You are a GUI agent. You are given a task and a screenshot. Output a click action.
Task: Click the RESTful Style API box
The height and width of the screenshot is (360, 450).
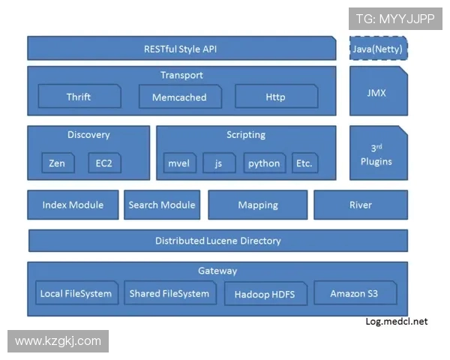181,49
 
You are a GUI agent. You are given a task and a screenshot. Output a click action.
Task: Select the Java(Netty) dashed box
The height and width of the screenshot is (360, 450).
379,49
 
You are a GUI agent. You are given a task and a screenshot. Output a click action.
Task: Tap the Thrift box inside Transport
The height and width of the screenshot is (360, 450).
79,97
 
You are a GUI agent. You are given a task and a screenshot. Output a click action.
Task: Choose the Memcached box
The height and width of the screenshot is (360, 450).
179,97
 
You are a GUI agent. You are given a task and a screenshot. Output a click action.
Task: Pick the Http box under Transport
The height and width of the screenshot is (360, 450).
275,97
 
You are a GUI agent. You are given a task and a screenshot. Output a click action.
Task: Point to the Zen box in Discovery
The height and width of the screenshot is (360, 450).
57,163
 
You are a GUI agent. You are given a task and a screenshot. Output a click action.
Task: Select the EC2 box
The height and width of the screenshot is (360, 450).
103,163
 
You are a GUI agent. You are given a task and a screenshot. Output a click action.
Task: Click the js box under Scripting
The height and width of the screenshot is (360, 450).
219,163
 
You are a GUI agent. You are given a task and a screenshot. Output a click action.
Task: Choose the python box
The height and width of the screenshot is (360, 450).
264,163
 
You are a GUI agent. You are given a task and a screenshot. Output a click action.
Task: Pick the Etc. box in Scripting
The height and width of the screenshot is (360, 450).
303,163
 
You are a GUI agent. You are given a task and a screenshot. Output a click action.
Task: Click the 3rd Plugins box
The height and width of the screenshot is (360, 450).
379,154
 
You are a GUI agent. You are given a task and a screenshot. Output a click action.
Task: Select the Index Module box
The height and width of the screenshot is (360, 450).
73,205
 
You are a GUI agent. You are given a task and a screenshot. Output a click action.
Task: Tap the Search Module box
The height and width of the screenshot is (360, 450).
162,205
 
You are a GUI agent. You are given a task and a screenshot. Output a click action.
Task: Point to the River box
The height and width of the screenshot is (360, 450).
361,205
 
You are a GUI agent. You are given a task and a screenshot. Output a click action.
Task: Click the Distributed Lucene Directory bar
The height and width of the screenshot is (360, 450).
218,241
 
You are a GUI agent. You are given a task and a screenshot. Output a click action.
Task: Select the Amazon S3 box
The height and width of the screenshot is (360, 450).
355,293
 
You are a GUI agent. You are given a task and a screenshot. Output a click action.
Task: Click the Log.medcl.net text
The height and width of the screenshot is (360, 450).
396,322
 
